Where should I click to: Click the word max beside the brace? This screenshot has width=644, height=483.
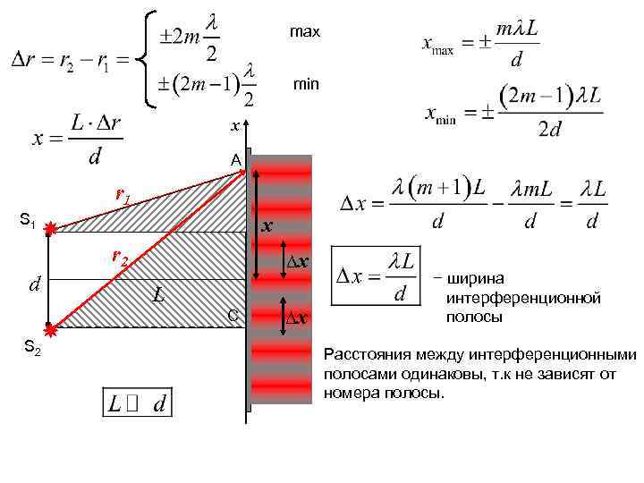click(x=304, y=32)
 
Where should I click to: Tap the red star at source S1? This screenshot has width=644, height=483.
click(x=52, y=229)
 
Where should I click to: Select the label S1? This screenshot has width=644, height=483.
click(x=28, y=220)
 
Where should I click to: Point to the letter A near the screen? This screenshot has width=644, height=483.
click(x=235, y=160)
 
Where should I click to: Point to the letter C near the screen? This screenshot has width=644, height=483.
click(x=233, y=315)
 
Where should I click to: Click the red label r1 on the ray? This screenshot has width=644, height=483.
click(x=123, y=195)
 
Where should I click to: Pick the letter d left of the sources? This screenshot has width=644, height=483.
click(x=35, y=284)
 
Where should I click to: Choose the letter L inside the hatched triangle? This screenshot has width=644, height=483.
click(x=157, y=293)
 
